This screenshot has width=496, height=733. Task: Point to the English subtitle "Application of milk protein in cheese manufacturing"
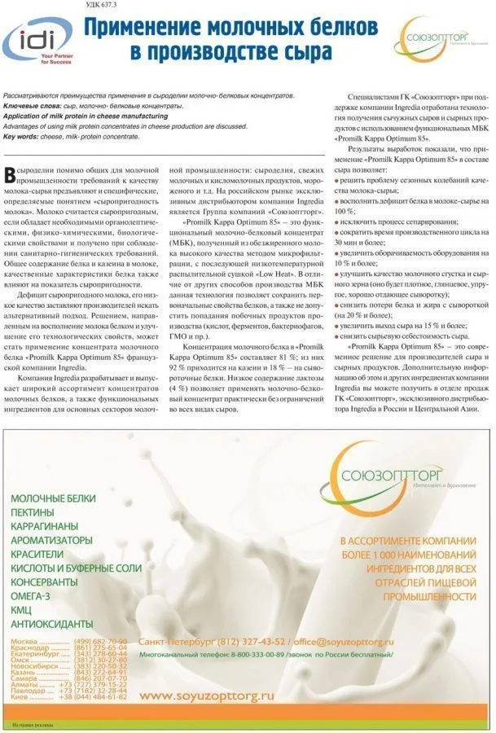point(86,116)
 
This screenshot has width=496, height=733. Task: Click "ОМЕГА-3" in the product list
point(33,596)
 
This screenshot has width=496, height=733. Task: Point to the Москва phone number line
point(69,641)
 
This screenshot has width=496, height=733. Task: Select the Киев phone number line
point(69,697)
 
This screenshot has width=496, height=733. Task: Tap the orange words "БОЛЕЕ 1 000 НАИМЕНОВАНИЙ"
point(408,555)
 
